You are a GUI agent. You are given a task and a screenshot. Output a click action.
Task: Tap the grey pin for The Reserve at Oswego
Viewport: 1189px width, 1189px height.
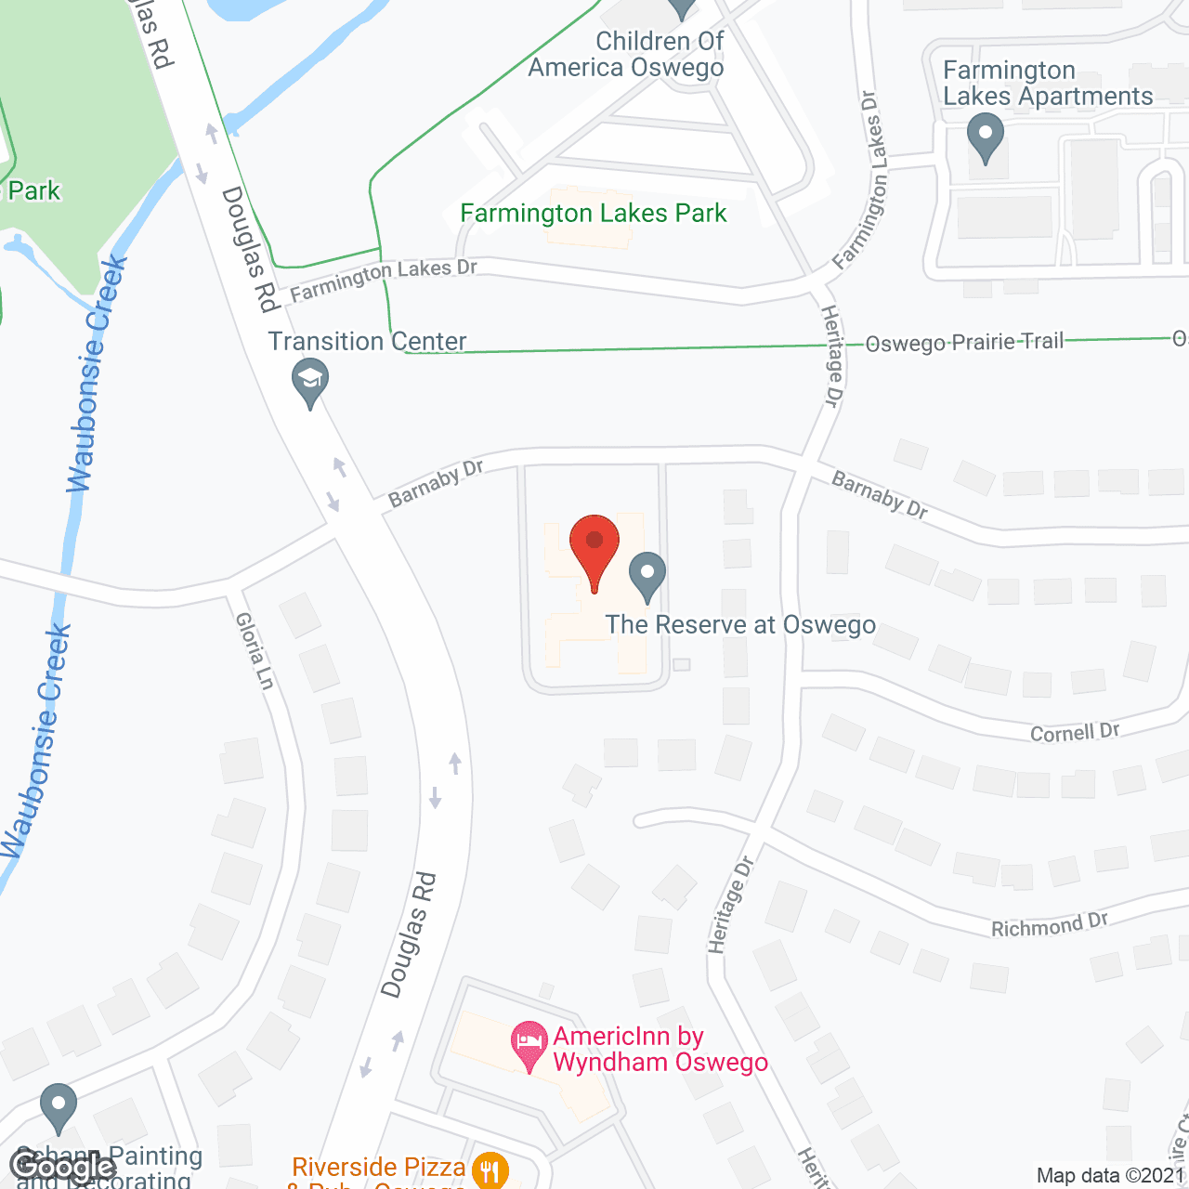647,577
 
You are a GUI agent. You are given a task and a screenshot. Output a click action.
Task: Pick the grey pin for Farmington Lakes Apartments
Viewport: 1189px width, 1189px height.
986,137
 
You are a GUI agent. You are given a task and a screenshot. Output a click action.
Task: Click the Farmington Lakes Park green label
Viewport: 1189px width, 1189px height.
594,214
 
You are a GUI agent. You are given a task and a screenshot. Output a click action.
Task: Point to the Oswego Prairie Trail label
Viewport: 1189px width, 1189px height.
963,342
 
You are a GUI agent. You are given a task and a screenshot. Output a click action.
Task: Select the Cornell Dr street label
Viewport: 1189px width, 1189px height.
1075,732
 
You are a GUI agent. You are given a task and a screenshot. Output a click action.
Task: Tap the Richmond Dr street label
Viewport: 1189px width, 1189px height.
1049,925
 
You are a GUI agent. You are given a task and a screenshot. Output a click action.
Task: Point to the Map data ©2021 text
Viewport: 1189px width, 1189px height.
1111,1175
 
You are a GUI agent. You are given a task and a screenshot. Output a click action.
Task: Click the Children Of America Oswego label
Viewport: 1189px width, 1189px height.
627,55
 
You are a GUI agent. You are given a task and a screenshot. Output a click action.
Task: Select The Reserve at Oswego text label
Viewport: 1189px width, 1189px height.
740,625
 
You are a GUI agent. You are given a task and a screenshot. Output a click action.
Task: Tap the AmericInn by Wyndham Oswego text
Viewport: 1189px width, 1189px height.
660,1050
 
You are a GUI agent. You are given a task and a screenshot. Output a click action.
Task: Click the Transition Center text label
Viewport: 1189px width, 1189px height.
367,342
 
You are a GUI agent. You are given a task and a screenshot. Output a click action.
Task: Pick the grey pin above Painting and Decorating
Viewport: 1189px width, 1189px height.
59,1106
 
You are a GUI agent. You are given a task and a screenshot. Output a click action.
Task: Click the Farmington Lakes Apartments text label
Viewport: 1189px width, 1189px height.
1048,84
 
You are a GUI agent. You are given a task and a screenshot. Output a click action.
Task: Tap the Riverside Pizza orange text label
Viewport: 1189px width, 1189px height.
378,1168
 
